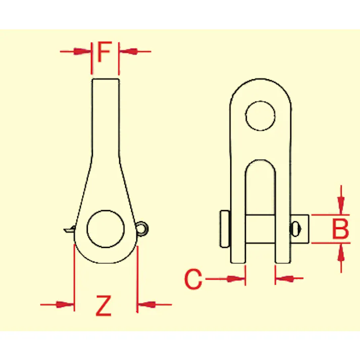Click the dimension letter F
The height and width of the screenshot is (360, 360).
tap(105, 52)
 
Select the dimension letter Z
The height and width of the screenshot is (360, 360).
tap(104, 305)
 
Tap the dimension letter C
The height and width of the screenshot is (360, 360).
tap(193, 279)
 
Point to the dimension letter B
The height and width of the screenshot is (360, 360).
tap(341, 229)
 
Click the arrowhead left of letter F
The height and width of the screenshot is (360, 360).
tap(82, 52)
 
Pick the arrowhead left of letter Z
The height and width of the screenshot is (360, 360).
tap(66, 304)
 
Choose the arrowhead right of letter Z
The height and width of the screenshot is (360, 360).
tap(146, 304)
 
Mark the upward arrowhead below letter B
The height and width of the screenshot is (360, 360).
tap(341, 252)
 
